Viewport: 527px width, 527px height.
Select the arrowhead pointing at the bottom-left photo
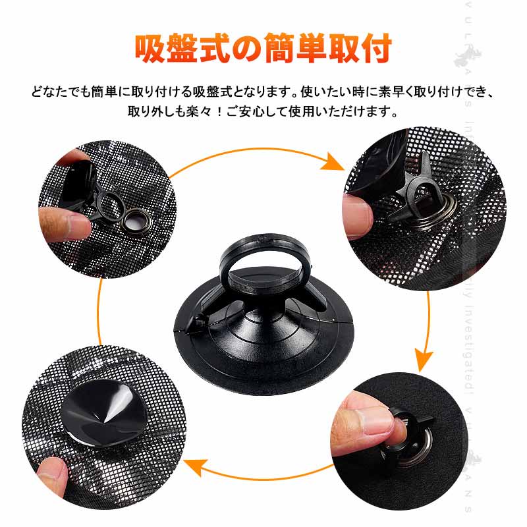click(195, 469)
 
